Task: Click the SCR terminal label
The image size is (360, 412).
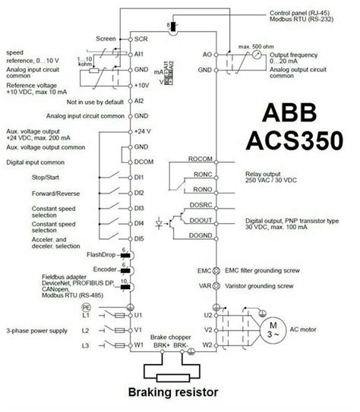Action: (141, 37)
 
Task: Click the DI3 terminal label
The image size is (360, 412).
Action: (141, 206)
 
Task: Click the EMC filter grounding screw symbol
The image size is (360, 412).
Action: (215, 270)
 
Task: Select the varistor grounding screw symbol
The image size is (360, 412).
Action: (215, 287)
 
